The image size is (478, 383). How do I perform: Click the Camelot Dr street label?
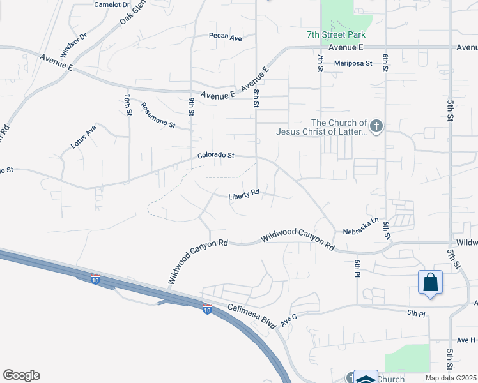pos(107,4)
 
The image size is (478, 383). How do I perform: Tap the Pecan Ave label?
pos(226,38)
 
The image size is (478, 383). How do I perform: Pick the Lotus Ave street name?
pos(83,137)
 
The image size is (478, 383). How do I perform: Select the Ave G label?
pos(289,318)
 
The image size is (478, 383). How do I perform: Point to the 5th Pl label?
pos(416,313)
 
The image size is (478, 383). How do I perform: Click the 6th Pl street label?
pos(358,267)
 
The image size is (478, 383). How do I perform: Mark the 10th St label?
pos(128,104)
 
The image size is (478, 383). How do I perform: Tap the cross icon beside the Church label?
pos(376,126)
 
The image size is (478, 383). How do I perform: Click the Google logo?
pos(21,375)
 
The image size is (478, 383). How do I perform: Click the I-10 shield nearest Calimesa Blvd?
pos(207,310)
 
